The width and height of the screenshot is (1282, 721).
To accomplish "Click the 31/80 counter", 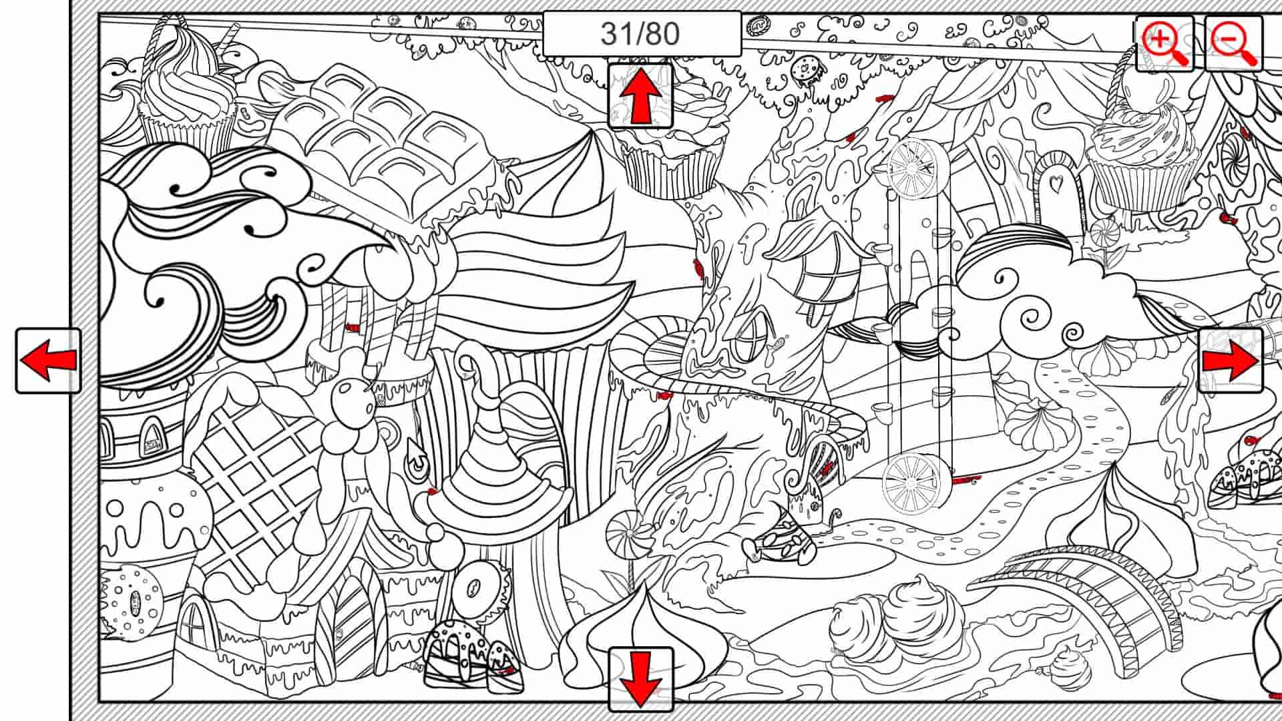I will [x=641, y=33].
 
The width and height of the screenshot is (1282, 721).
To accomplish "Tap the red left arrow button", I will [x=48, y=360].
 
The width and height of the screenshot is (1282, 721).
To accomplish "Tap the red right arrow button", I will [x=1230, y=360].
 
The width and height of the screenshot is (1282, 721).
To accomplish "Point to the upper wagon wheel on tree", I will [x=913, y=168].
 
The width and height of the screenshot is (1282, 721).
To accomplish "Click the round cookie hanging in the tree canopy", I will [x=805, y=68].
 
